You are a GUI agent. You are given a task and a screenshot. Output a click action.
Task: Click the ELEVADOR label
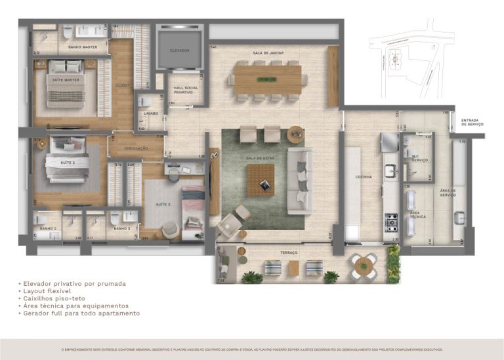coord(179,50)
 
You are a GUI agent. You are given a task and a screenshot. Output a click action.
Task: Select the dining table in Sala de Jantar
coord(268,80)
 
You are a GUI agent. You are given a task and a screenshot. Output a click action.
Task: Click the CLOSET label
coord(123,85)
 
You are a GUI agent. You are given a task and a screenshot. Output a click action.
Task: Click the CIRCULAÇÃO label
coord(136,148)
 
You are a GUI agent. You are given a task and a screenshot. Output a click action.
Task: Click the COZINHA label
coord(364,176)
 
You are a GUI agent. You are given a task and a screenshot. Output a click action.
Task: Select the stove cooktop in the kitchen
coord(391,222)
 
